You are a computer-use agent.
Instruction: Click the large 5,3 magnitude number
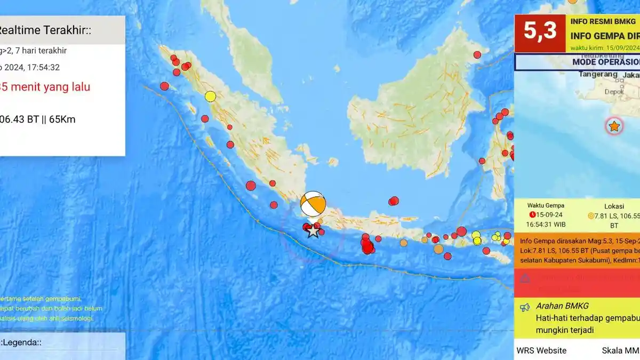point(539,31)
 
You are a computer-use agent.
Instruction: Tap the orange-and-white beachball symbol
point(313,204)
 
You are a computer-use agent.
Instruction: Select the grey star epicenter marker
point(313,230)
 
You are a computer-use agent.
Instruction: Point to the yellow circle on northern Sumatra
point(210,97)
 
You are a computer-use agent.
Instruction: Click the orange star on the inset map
point(614,126)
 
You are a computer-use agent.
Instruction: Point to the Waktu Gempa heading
point(546,205)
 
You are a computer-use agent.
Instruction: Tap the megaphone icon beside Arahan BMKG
point(525,307)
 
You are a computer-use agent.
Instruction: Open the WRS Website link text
point(541,350)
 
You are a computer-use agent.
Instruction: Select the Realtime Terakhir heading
point(45,30)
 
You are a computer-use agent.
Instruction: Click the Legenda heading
point(21,342)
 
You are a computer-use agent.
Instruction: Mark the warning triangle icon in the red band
point(525,278)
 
